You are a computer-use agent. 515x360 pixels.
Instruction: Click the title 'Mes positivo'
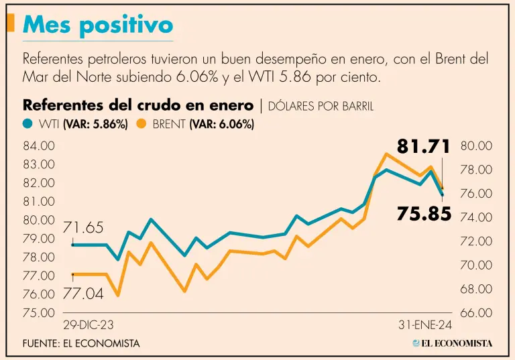point(98,25)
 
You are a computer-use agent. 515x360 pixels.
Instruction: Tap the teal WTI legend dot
point(27,124)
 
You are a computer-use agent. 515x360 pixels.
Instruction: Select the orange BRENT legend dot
point(141,124)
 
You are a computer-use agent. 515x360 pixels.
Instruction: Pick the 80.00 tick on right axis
point(477,145)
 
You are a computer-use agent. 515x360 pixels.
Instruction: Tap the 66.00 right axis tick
point(477,312)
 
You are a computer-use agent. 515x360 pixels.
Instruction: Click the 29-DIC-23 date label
point(88,325)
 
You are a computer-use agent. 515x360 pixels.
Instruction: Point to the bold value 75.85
point(424,214)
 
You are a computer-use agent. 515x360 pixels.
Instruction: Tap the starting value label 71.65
point(83,228)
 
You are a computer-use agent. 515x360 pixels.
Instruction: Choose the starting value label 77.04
point(83,293)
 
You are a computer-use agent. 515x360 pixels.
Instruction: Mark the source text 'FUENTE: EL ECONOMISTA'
point(81,343)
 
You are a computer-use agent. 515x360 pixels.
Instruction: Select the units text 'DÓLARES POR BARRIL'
point(321,106)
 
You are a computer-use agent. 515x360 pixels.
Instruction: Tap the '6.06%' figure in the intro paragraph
point(197,77)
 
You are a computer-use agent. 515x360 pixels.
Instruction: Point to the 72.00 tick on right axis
point(477,241)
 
